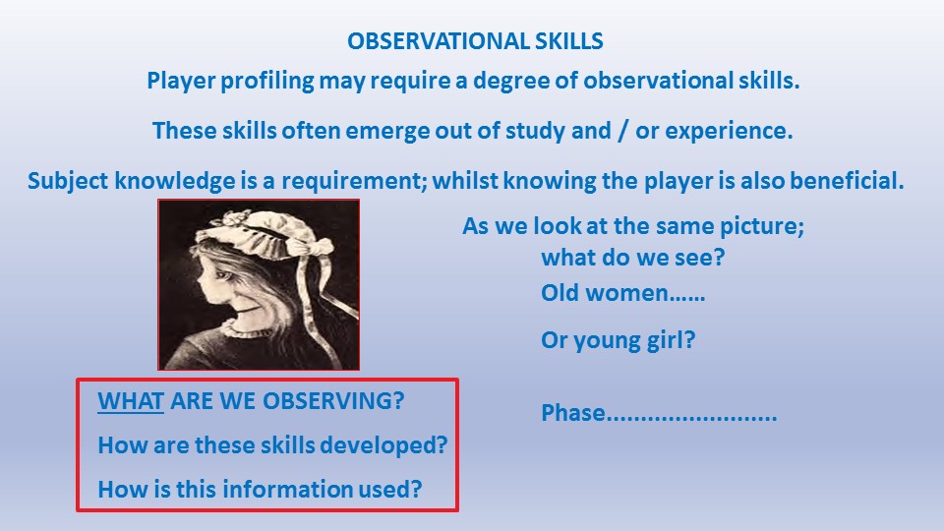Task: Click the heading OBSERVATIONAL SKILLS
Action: [475, 41]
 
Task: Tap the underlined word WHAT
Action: [131, 401]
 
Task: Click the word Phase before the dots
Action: [573, 413]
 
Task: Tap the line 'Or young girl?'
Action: [619, 340]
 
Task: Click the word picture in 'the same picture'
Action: [762, 226]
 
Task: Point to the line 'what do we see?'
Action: [632, 258]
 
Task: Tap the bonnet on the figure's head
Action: [265, 232]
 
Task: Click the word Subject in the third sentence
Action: [68, 181]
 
